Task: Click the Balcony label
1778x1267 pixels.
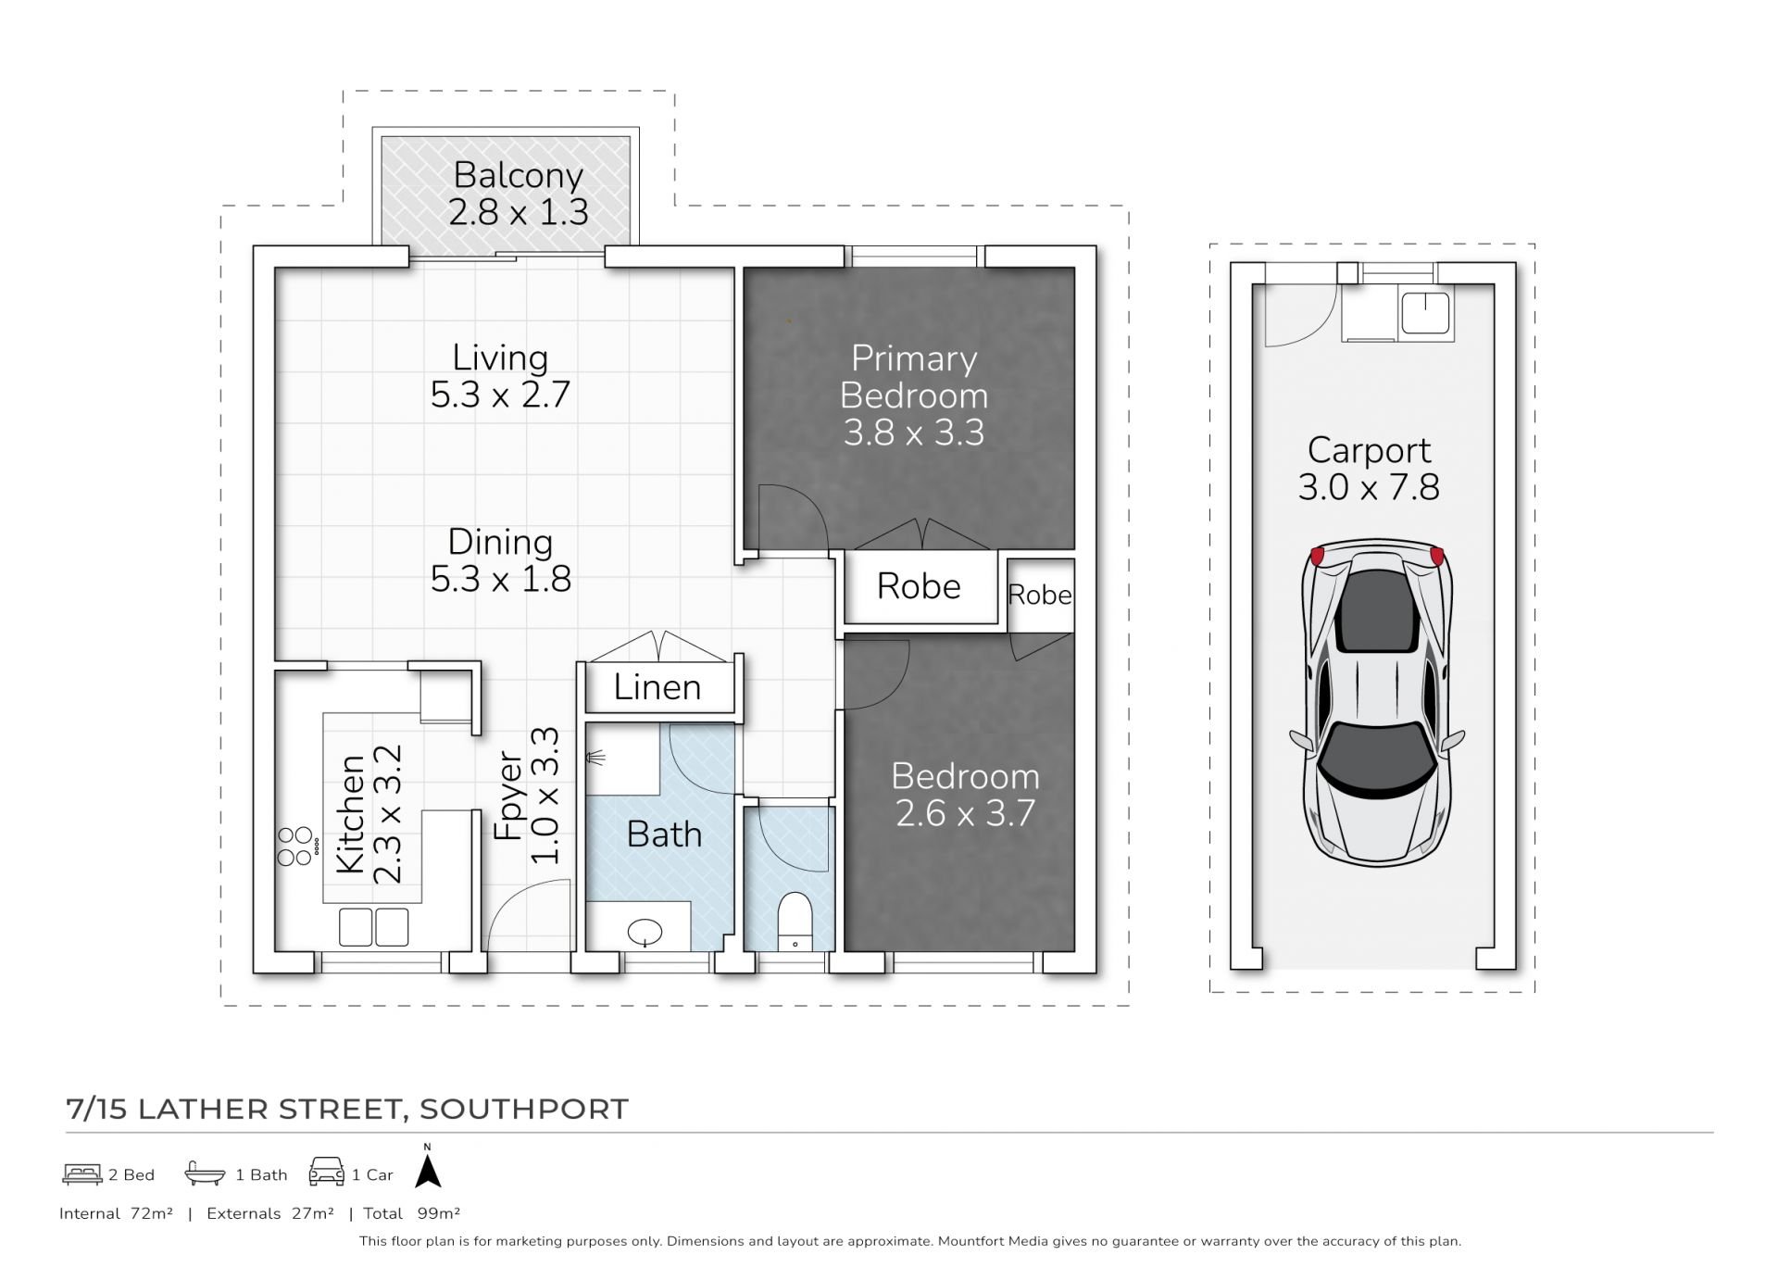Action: (x=518, y=174)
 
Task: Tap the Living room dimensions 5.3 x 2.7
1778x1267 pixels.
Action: (x=500, y=395)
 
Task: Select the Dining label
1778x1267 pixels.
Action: (x=500, y=542)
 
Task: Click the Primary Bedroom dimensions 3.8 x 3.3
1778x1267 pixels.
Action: (x=913, y=433)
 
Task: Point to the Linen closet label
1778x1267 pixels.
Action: (x=657, y=687)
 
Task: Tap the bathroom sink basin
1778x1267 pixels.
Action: (x=645, y=932)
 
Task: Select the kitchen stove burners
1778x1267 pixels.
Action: (x=295, y=846)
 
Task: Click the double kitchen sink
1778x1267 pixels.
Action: (x=373, y=927)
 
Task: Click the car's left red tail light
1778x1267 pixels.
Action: (x=1317, y=557)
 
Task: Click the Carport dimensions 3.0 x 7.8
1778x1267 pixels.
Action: (x=1369, y=487)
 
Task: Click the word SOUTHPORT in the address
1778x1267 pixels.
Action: (x=524, y=1109)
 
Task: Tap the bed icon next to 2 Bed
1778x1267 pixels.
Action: (x=82, y=1174)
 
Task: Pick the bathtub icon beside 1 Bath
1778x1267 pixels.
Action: (x=205, y=1173)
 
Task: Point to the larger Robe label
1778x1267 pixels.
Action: (x=919, y=586)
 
